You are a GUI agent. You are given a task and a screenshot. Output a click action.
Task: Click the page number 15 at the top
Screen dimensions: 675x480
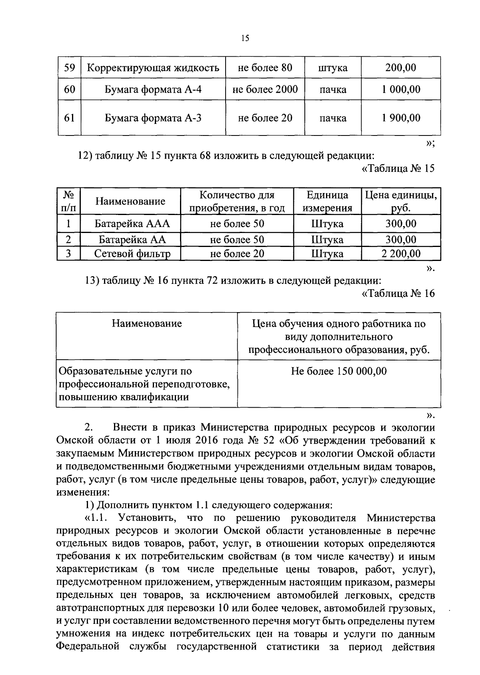(245, 38)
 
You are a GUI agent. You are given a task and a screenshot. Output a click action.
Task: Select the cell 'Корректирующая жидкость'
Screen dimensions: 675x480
(153, 68)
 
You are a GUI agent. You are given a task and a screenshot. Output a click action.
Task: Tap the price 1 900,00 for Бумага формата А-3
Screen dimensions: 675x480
(401, 118)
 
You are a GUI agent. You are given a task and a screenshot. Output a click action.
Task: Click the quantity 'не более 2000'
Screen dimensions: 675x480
(265, 89)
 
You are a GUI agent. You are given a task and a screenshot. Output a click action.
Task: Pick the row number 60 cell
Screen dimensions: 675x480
(70, 89)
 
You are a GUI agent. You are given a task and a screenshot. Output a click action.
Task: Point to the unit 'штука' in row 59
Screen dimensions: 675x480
(333, 68)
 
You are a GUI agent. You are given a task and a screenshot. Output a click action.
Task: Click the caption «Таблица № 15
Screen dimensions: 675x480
(398, 169)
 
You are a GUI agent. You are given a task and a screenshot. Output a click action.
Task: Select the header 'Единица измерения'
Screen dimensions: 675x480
(327, 201)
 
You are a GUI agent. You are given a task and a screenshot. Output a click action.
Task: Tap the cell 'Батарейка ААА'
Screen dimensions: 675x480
(132, 224)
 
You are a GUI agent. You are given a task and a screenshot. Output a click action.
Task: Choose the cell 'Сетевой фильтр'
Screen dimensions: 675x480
(132, 254)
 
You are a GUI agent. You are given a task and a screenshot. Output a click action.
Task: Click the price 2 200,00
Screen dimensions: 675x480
(401, 254)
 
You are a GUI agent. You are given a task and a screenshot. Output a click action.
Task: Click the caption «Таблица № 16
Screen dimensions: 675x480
(398, 294)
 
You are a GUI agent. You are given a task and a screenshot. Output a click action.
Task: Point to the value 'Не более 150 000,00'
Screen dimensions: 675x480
(339, 371)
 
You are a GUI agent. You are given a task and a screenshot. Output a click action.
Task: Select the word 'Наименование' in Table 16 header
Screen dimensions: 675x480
(146, 323)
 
